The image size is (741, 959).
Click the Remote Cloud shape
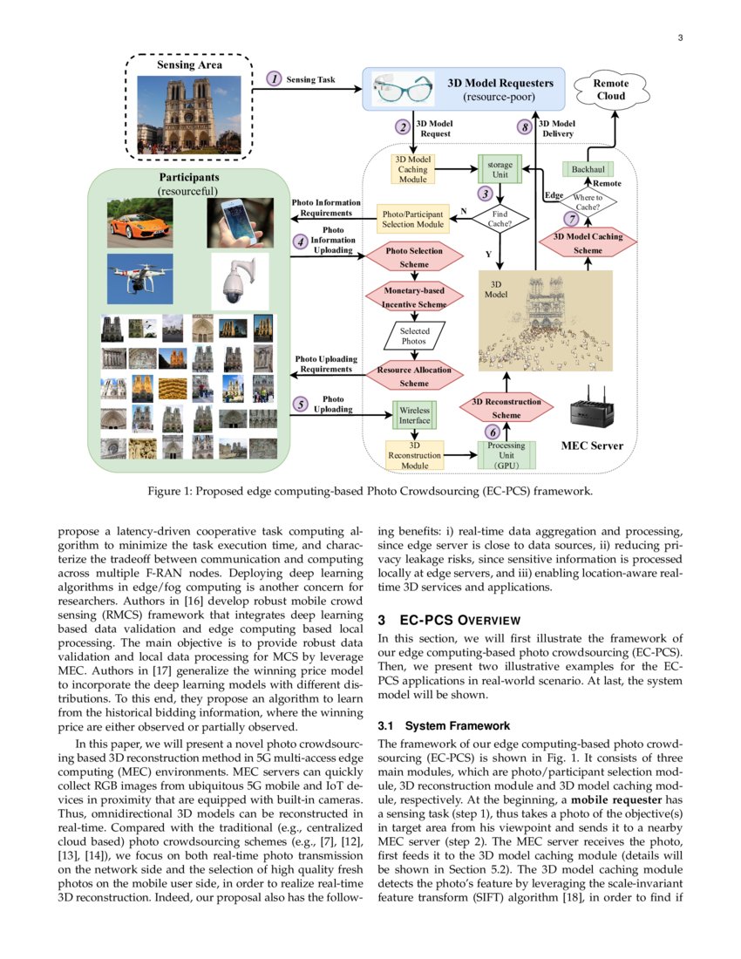click(610, 89)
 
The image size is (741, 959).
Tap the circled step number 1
click(275, 79)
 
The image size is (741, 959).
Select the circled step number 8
click(524, 127)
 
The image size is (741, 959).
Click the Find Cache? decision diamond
click(500, 219)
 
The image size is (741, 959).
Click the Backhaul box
click(588, 168)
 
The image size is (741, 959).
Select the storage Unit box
click(500, 169)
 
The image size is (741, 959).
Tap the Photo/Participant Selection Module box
click(412, 220)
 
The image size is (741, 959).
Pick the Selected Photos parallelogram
click(414, 336)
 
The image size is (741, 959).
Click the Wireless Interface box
click(415, 415)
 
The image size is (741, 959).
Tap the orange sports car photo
click(139, 223)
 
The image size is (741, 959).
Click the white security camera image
click(238, 281)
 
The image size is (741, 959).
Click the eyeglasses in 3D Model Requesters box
click(403, 90)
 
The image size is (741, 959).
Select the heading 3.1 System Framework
click(443, 726)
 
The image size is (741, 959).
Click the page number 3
click(679, 37)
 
